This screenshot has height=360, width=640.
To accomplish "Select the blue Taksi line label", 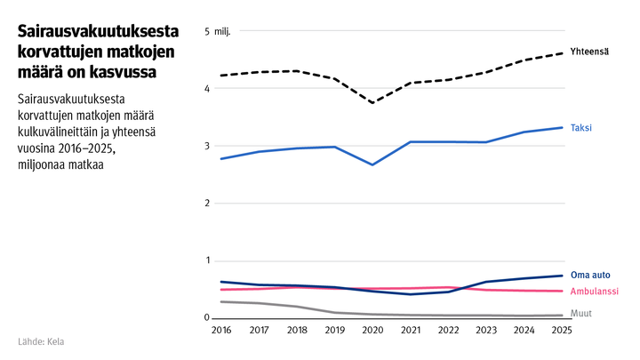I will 580,128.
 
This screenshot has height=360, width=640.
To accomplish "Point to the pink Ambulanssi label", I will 594,292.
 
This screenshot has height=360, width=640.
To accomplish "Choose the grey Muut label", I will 580,314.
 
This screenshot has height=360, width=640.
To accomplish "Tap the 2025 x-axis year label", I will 562,331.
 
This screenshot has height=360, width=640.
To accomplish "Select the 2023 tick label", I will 485,331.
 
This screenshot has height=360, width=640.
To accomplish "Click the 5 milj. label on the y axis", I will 217,32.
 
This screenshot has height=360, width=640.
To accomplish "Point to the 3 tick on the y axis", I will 206,147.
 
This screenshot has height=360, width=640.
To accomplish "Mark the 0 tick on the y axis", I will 206,318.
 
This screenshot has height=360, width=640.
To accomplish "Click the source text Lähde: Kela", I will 41,341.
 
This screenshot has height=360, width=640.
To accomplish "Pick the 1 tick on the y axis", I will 206,260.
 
